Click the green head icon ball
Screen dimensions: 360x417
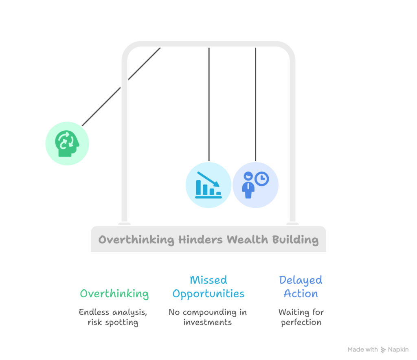click(x=67, y=143)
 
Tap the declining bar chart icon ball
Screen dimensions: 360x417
click(x=208, y=185)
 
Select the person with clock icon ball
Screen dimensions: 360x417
click(x=255, y=185)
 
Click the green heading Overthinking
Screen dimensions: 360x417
click(x=114, y=294)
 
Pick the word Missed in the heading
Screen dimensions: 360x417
click(x=208, y=280)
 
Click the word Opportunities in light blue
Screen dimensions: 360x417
click(x=208, y=294)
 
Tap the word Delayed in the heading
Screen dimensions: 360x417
click(x=301, y=280)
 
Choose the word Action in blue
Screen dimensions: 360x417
click(x=301, y=294)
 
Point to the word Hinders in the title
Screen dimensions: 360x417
click(x=200, y=239)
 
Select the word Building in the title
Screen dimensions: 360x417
click(x=295, y=239)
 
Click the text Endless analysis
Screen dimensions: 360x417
click(x=113, y=312)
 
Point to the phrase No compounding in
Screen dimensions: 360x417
click(x=208, y=312)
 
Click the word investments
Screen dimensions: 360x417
click(x=208, y=323)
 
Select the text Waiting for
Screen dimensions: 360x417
click(x=301, y=312)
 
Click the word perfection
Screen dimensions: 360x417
click(x=301, y=323)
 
